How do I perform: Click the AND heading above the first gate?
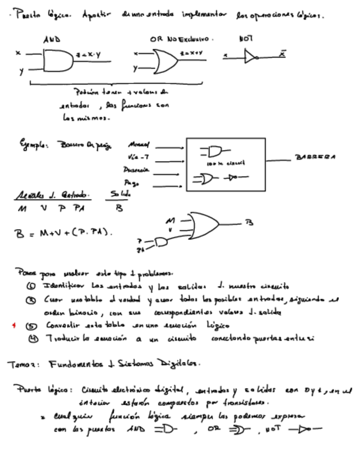point(52,39)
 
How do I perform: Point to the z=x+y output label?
point(191,53)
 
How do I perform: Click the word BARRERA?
point(315,157)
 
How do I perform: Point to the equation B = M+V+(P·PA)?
point(64,233)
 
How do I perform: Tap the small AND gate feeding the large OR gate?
point(161,242)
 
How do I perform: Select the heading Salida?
point(121,195)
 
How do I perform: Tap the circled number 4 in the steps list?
point(33,338)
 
